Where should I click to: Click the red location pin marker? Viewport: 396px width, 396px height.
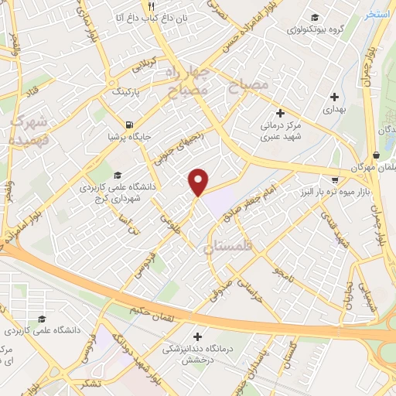pyautogui.click(x=199, y=181)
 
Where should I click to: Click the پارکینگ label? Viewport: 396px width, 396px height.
pyautogui.click(x=128, y=91)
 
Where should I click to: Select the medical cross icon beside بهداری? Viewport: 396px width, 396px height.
pyautogui.click(x=334, y=97)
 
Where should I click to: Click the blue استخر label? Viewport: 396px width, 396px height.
pyautogui.click(x=377, y=15)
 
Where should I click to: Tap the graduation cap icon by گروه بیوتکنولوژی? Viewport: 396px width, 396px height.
pyautogui.click(x=314, y=18)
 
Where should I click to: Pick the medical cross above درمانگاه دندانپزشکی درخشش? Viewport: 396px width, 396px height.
pyautogui.click(x=199, y=336)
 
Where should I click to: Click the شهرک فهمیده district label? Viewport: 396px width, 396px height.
pyautogui.click(x=29, y=131)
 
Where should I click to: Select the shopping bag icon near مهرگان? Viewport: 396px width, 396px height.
pyautogui.click(x=376, y=154)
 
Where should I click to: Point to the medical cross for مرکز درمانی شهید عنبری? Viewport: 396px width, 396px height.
pyautogui.click(x=281, y=113)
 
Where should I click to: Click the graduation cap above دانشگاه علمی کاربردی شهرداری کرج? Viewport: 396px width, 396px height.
pyautogui.click(x=117, y=175)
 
